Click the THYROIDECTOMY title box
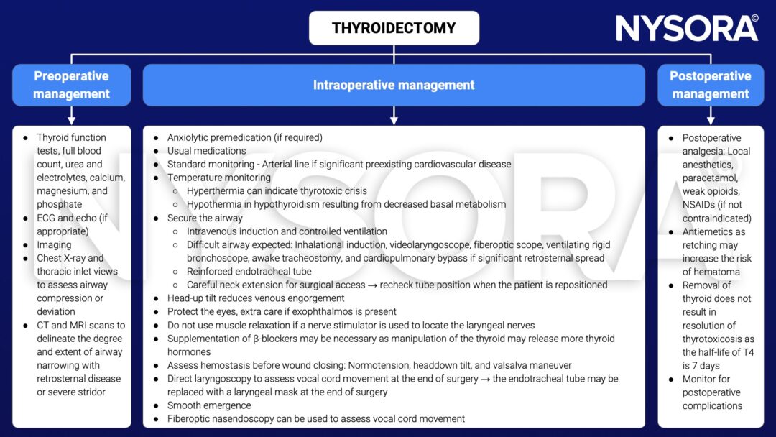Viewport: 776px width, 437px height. pos(394,28)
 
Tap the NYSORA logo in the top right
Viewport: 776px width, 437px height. pos(687,28)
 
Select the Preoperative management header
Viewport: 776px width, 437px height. pos(71,85)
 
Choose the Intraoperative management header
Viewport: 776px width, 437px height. pos(394,85)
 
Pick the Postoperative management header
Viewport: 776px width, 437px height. pos(710,85)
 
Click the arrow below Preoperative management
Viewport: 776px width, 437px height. pos(71,116)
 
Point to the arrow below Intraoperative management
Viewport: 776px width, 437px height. pos(394,116)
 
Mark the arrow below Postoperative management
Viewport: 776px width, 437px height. pos(710,116)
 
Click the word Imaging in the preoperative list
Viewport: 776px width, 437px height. pos(54,244)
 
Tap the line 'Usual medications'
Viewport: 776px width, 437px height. pos(207,151)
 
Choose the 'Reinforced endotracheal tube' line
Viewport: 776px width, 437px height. pos(249,271)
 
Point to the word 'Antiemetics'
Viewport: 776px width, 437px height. pos(713,231)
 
